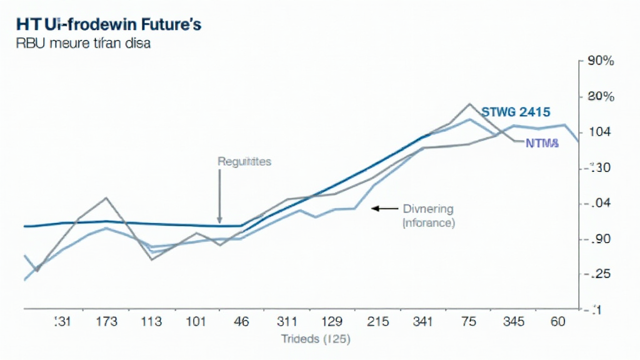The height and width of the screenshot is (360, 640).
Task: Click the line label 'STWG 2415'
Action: click(516, 112)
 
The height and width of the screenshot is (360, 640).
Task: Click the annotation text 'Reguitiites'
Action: click(244, 161)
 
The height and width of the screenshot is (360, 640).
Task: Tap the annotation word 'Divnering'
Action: click(428, 209)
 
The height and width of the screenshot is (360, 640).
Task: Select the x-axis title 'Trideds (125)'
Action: click(316, 339)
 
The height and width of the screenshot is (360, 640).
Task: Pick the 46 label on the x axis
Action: click(241, 322)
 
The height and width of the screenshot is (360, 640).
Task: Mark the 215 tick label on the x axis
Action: click(379, 322)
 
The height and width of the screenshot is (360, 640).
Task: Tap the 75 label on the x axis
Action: click(469, 322)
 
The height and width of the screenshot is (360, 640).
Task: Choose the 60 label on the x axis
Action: click(557, 322)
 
